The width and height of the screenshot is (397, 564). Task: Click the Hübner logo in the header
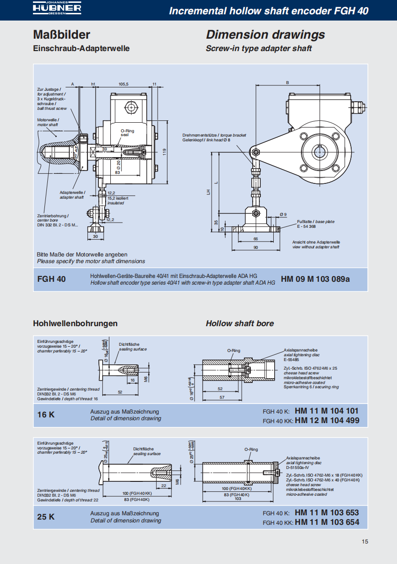[57, 9]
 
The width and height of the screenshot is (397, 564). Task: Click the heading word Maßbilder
[62, 35]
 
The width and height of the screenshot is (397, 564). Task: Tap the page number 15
[365, 542]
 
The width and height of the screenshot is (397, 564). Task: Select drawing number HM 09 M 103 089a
[315, 279]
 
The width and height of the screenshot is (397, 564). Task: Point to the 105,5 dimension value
[124, 84]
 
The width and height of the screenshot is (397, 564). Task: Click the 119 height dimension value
[164, 151]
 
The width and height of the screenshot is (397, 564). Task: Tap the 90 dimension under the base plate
[255, 247]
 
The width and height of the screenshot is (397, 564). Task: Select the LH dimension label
[208, 192]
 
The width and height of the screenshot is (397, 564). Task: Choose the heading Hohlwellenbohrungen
[75, 323]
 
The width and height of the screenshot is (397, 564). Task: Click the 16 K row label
[46, 415]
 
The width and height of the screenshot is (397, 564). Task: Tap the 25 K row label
[46, 517]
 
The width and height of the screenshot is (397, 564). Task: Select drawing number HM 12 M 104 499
[327, 420]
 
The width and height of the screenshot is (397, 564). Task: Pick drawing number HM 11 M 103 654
[327, 522]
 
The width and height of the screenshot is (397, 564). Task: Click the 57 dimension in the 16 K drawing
[221, 397]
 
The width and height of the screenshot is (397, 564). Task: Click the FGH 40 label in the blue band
[52, 279]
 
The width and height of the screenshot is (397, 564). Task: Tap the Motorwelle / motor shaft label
[48, 122]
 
